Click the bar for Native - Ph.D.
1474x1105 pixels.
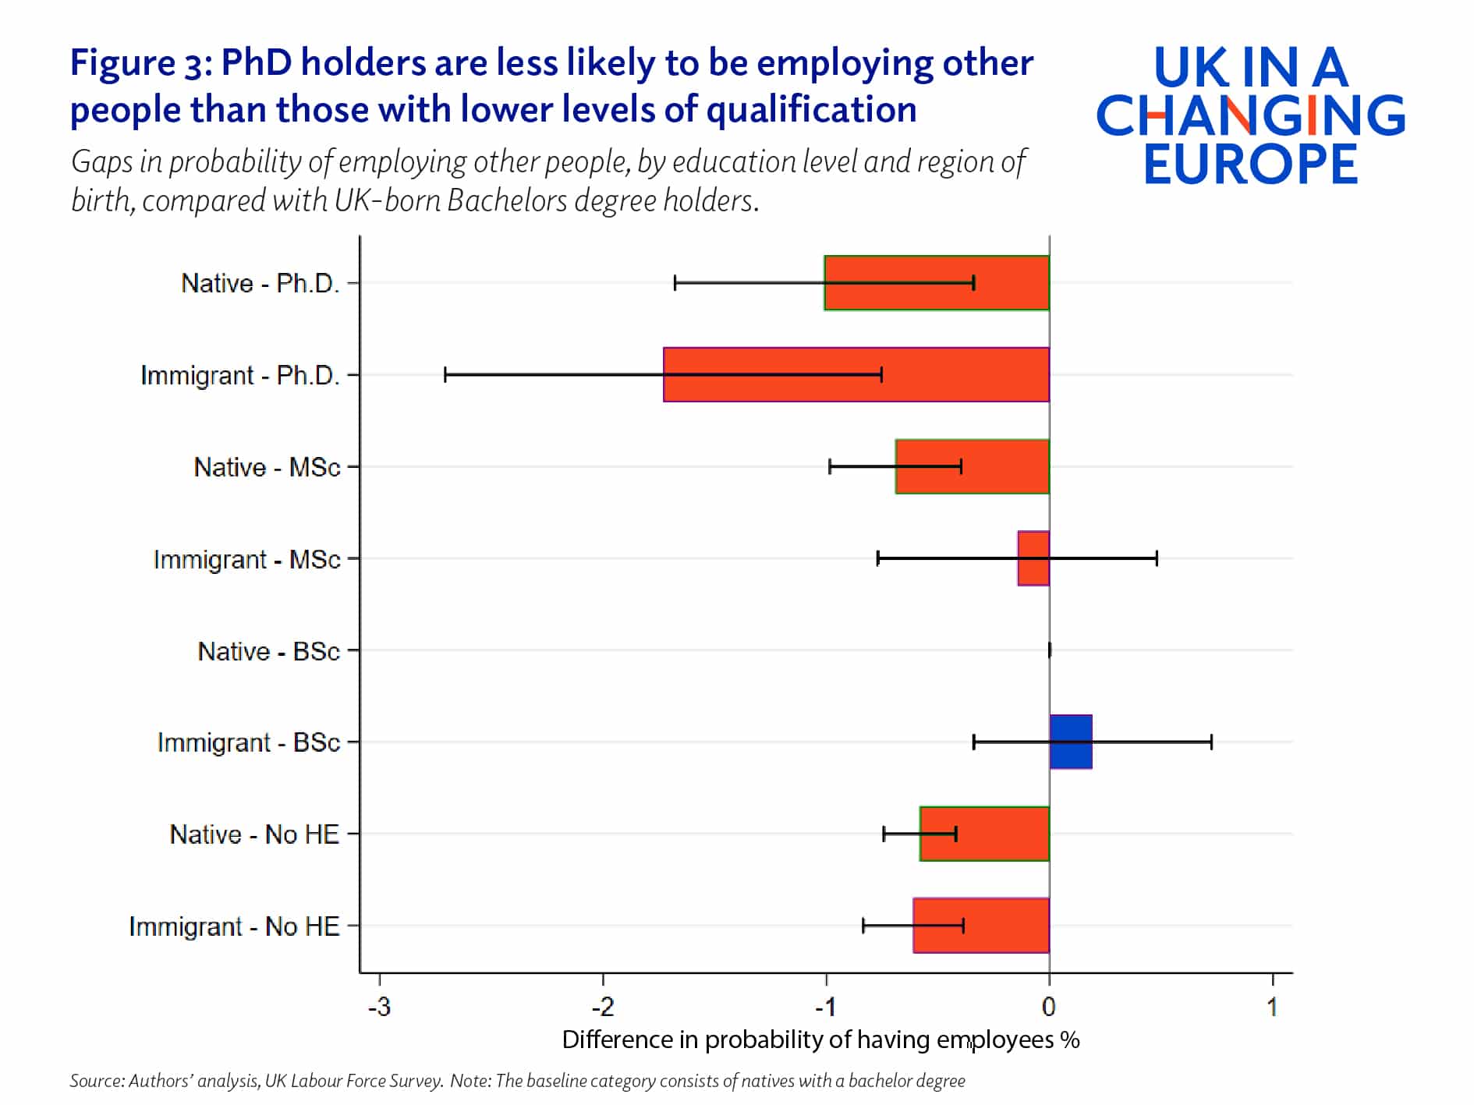pos(936,283)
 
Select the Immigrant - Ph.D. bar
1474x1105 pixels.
pos(856,374)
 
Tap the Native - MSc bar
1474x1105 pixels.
pos(972,466)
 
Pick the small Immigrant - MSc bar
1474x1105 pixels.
pos(1033,558)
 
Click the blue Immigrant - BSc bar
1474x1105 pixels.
pos(1071,742)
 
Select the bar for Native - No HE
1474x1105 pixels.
pos(984,834)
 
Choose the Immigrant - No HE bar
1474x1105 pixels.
pos(981,926)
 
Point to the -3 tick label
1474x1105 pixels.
pos(380,1008)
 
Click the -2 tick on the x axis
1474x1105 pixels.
pos(603,1008)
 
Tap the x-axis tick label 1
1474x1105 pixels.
pos(1272,1008)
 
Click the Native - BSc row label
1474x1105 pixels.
pos(268,651)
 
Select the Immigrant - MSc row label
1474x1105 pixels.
pos(246,559)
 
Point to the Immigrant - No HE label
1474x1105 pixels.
pos(234,926)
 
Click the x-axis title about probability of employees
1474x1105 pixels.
pos(820,1039)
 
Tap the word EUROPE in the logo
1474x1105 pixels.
pos(1250,165)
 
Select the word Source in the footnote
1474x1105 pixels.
pos(95,1081)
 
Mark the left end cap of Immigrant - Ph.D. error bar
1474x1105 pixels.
pos(445,374)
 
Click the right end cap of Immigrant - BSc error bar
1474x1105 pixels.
pos(1211,742)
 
